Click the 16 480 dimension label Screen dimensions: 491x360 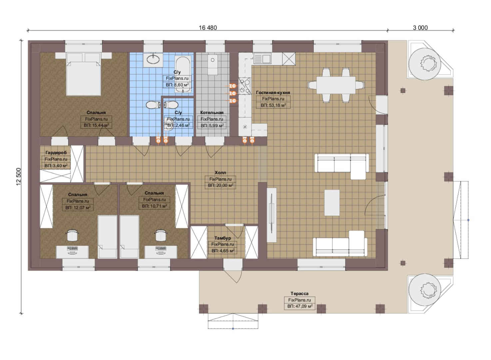[x=208, y=28]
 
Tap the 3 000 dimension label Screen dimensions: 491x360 [x=420, y=28]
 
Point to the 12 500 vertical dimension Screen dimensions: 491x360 [x=19, y=177]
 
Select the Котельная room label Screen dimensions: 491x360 [x=212, y=113]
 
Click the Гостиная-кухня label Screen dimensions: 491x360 [x=273, y=93]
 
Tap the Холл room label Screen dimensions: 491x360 [x=220, y=173]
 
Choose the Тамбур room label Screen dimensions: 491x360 [x=223, y=238]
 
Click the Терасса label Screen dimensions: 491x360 [x=299, y=294]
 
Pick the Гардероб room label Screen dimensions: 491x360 [x=56, y=153]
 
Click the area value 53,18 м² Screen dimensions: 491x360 [x=273, y=105]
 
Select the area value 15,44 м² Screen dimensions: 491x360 [x=96, y=125]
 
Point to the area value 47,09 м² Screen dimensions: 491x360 [x=300, y=306]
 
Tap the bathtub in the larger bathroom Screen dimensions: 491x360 [x=183, y=74]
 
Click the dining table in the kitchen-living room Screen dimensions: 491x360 [x=336, y=85]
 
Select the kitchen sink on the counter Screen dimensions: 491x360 [x=262, y=59]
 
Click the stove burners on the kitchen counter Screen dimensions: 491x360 [x=245, y=86]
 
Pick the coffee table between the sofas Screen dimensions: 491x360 [x=332, y=203]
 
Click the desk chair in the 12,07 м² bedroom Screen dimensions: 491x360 [x=73, y=235]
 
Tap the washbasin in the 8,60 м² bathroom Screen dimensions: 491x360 [x=153, y=59]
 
